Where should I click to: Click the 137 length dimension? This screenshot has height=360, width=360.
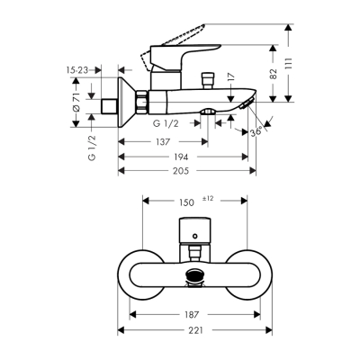[x=163, y=142]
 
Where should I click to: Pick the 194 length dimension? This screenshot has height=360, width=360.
[x=184, y=157]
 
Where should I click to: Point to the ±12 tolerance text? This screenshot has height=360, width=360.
[x=207, y=200]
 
